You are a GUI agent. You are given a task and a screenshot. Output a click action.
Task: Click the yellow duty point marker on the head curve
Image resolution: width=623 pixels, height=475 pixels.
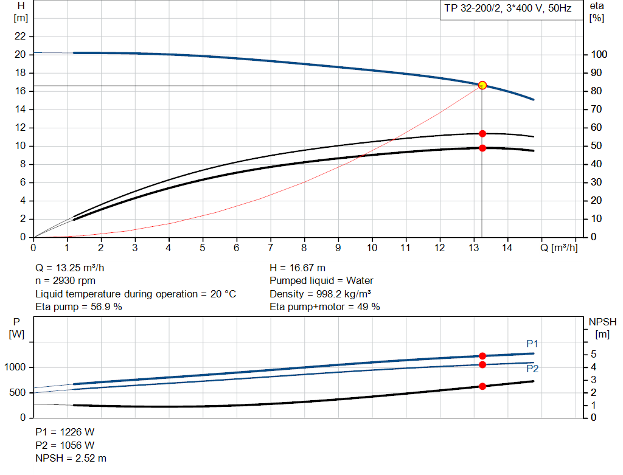pos(482,85)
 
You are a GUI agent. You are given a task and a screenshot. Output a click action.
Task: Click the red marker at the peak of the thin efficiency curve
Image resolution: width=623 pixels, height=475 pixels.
pos(482,133)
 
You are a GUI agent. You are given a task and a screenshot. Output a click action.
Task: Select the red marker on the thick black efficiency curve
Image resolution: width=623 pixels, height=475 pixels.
pos(482,148)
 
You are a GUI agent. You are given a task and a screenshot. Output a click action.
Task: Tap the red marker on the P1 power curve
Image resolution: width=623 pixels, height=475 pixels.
pos(482,356)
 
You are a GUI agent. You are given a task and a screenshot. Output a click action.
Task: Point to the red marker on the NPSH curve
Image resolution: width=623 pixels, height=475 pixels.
pos(482,386)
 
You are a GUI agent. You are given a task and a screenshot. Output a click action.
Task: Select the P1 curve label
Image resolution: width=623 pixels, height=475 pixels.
pos(532,344)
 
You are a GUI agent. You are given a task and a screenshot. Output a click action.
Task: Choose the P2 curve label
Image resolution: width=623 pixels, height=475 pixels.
pos(532,369)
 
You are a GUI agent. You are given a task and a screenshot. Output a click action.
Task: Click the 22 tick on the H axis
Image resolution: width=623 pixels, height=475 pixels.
pos(21,36)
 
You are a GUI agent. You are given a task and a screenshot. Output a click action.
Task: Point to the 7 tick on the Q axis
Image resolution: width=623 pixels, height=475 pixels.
pos(271,248)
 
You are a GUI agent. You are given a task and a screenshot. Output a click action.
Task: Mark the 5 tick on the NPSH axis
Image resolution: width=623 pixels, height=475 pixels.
pos(594,355)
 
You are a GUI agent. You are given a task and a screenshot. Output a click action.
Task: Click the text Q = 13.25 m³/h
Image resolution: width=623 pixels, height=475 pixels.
pos(74,268)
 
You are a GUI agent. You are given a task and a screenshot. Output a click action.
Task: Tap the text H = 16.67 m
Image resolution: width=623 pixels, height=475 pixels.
pos(298,268)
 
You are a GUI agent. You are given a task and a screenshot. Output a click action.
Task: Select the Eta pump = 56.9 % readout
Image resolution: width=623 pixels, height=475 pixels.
pos(78,307)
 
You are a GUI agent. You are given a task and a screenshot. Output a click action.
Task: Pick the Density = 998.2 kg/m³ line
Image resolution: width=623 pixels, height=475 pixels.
pos(321,294)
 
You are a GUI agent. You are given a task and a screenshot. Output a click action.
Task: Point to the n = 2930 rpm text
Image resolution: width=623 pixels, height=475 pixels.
pos(65,280)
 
